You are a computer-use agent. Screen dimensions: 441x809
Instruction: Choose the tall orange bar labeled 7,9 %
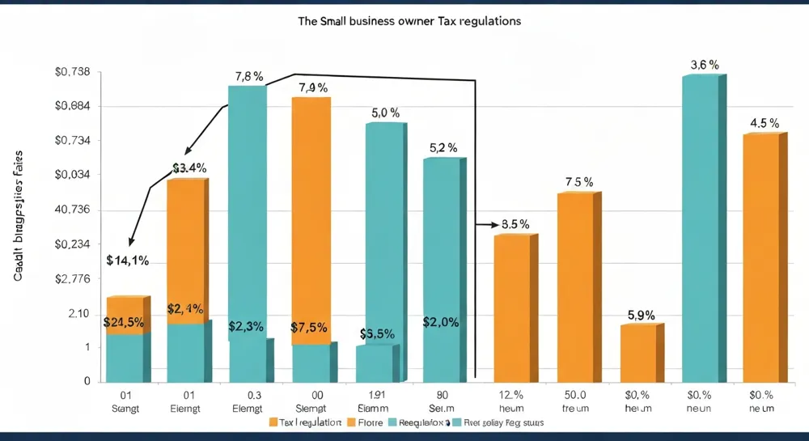pos(311,218)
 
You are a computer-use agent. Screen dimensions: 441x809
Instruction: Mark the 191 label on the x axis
pos(375,394)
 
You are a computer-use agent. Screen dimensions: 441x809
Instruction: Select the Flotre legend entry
pos(368,422)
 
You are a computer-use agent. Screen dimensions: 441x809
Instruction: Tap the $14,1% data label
pos(127,261)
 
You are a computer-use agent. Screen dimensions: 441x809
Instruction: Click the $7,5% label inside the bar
pos(309,328)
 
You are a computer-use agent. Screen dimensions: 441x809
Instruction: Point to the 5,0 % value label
pos(386,113)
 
